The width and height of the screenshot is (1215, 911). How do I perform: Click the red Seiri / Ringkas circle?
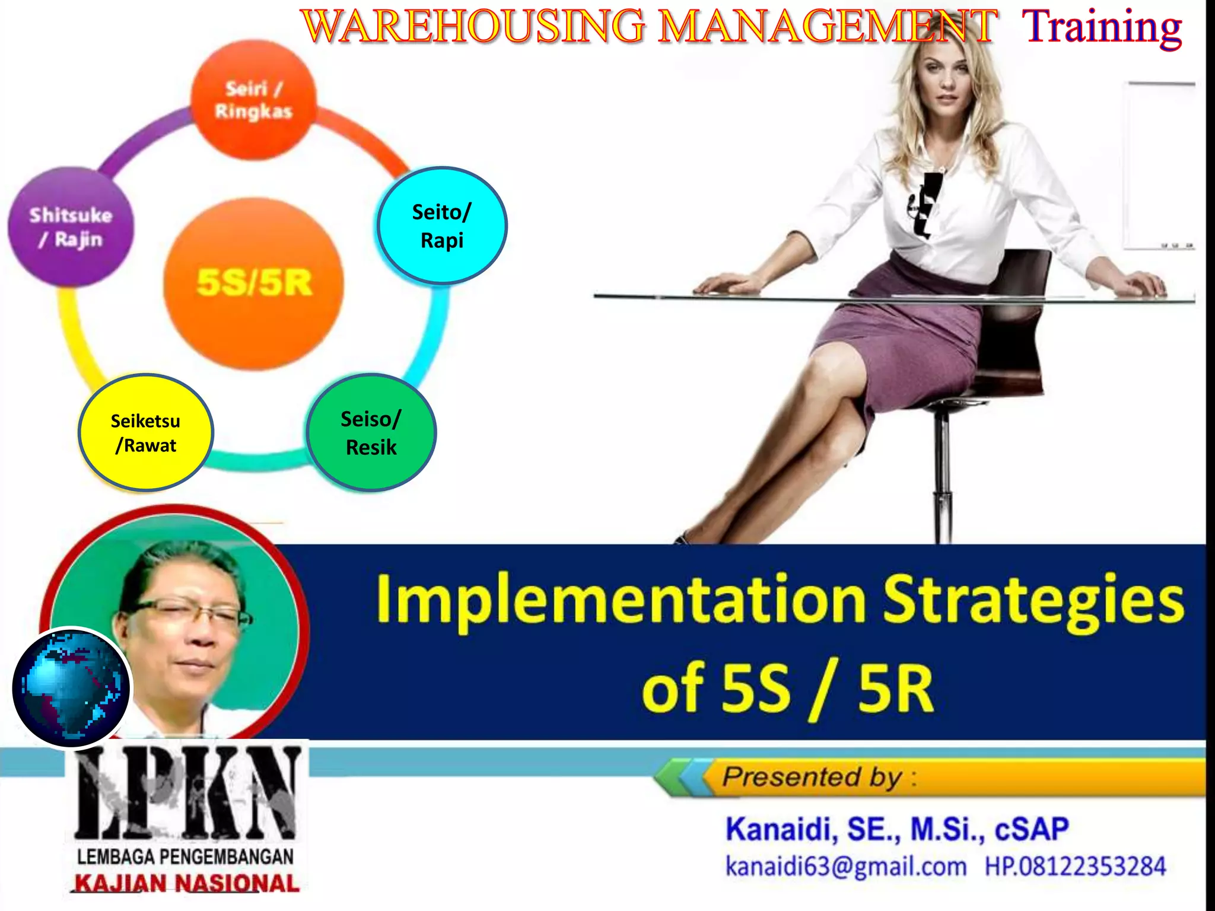(253, 100)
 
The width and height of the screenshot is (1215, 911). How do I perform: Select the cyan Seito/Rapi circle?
(441, 226)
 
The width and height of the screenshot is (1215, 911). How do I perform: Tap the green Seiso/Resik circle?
(371, 432)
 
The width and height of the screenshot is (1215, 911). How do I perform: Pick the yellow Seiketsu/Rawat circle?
(145, 432)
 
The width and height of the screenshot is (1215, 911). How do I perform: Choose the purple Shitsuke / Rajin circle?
(71, 227)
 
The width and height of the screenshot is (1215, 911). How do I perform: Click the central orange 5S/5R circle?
(254, 283)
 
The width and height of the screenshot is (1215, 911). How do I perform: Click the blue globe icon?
(71, 688)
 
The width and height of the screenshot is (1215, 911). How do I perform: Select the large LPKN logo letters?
(187, 792)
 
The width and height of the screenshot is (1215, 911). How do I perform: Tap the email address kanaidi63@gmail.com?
(846, 867)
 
